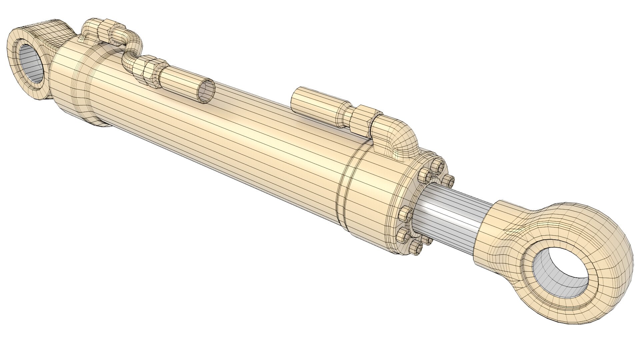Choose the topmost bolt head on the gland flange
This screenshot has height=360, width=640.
pyautogui.click(x=437, y=166)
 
